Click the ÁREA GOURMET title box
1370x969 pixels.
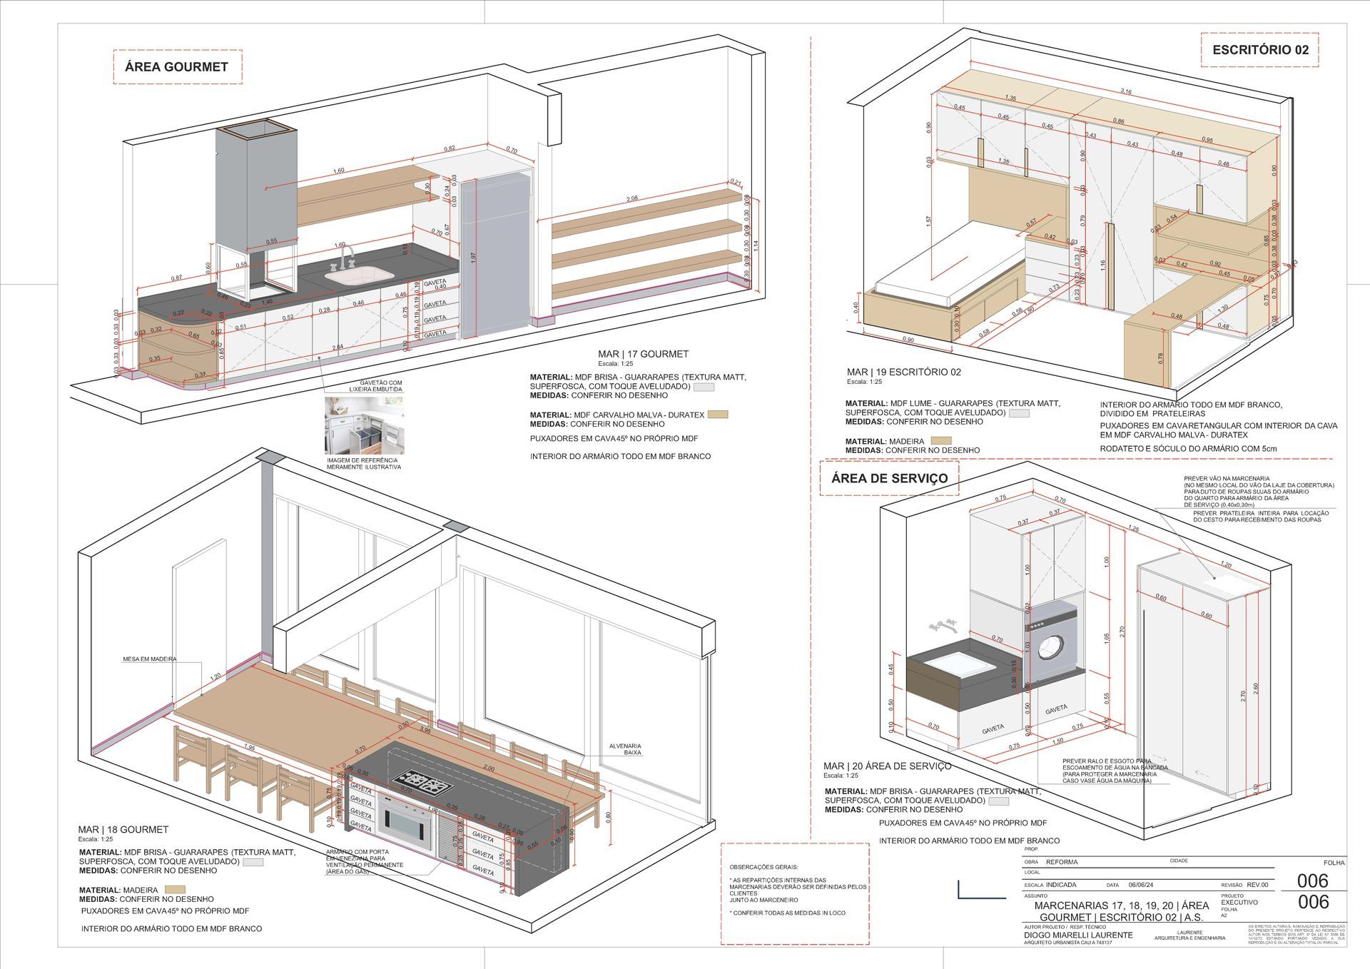pyautogui.click(x=177, y=67)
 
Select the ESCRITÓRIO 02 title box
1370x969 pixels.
pyautogui.click(x=1260, y=50)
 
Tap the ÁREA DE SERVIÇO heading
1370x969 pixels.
pyautogui.click(x=889, y=478)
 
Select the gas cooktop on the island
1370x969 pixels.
pyautogui.click(x=424, y=783)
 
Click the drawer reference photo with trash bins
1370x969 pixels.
pyautogui.click(x=364, y=425)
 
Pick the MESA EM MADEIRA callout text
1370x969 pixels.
pyautogui.click(x=149, y=659)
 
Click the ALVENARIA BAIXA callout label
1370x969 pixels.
pyautogui.click(x=625, y=749)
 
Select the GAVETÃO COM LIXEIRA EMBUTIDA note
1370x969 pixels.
pyautogui.click(x=375, y=386)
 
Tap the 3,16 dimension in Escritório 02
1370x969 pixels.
pyautogui.click(x=1126, y=91)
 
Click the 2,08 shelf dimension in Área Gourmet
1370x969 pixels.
pyautogui.click(x=632, y=198)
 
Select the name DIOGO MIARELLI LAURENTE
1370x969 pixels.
pyautogui.click(x=1077, y=935)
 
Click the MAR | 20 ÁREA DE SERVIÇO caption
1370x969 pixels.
pyautogui.click(x=887, y=766)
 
